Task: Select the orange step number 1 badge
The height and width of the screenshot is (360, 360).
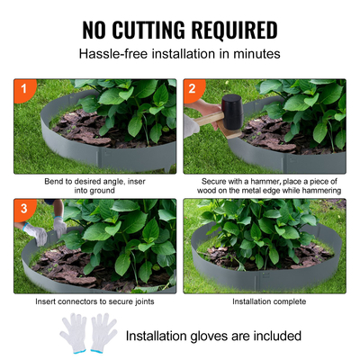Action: click(x=22, y=89)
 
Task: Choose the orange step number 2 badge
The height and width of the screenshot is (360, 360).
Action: click(x=192, y=89)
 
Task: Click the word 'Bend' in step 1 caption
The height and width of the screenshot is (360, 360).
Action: click(x=53, y=180)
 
